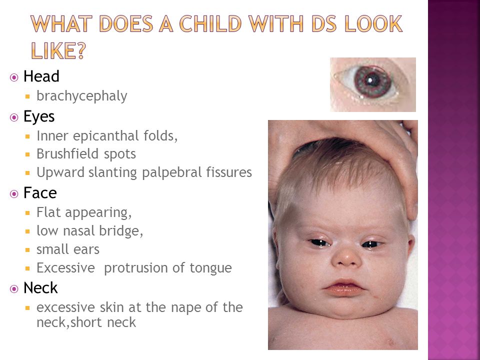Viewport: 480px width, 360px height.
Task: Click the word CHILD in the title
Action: [210, 23]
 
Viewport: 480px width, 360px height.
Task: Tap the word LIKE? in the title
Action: [58, 50]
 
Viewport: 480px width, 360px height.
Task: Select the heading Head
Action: [41, 76]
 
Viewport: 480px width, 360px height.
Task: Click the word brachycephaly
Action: [81, 96]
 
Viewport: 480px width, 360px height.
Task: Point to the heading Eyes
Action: [39, 117]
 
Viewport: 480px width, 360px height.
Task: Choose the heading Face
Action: [40, 193]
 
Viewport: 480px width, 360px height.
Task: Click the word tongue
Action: [210, 268]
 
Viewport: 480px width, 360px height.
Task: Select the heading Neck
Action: [40, 288]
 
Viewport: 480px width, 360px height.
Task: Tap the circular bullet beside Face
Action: [14, 194]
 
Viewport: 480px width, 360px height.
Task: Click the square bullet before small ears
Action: [27, 250]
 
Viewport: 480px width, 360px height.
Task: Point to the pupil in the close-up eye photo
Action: [370, 81]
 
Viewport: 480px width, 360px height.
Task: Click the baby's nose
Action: [346, 257]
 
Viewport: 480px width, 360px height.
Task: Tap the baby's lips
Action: [344, 287]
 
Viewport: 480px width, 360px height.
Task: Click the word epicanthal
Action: [105, 136]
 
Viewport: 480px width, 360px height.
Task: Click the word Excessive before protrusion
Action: [66, 268]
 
